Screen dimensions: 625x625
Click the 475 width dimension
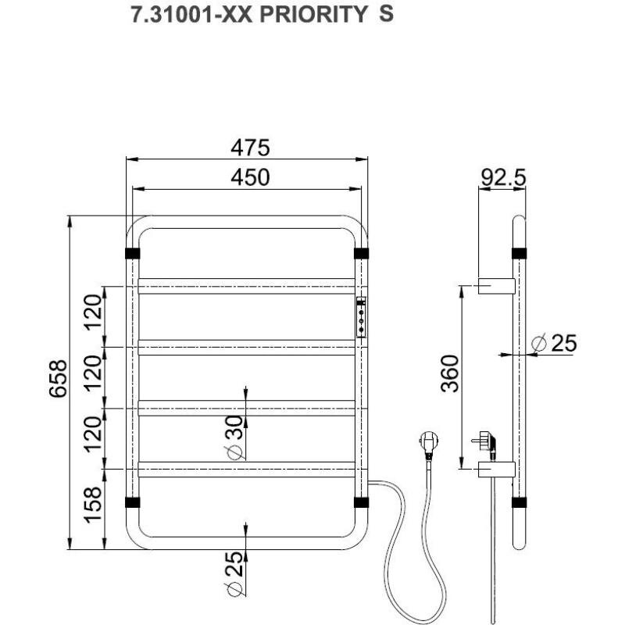click(x=250, y=148)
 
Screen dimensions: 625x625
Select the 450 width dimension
click(x=250, y=177)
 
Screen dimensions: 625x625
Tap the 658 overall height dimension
click(x=58, y=379)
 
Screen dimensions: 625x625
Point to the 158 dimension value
click(x=93, y=505)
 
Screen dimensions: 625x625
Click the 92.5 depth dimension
click(x=503, y=177)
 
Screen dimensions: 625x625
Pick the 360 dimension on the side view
click(x=451, y=373)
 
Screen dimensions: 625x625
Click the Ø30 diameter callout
click(x=235, y=437)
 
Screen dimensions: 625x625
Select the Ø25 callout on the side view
click(x=555, y=343)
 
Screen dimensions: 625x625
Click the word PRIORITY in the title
click(x=313, y=15)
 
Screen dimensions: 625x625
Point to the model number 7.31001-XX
click(x=191, y=15)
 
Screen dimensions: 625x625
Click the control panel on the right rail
click(x=361, y=317)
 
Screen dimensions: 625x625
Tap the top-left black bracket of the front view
click(x=132, y=253)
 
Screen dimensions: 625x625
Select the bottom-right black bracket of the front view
click(x=361, y=502)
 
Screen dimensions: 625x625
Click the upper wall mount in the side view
click(x=497, y=286)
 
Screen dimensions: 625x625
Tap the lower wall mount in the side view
click(x=497, y=470)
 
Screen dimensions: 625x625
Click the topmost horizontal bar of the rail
click(x=247, y=286)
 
